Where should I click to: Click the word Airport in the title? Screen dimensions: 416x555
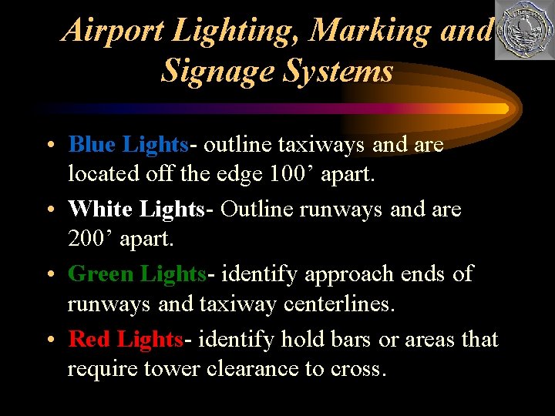[113, 31]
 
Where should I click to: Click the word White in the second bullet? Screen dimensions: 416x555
[101, 209]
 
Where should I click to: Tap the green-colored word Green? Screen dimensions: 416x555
[103, 273]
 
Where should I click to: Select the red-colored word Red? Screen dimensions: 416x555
[89, 339]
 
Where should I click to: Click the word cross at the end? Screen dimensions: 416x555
[356, 370]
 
